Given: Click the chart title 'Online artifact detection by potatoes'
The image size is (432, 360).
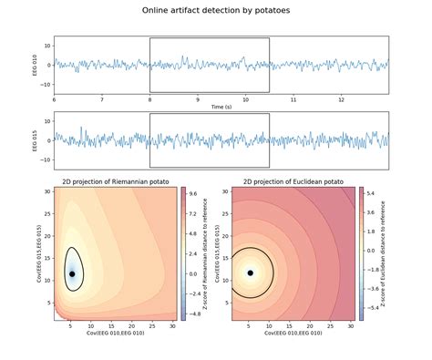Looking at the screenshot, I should [x=216, y=10].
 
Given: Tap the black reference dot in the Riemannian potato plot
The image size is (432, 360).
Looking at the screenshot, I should [x=72, y=273].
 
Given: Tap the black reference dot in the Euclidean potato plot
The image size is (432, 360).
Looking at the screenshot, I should [x=250, y=273].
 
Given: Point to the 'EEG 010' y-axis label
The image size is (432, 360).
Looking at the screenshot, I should [x=36, y=65].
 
